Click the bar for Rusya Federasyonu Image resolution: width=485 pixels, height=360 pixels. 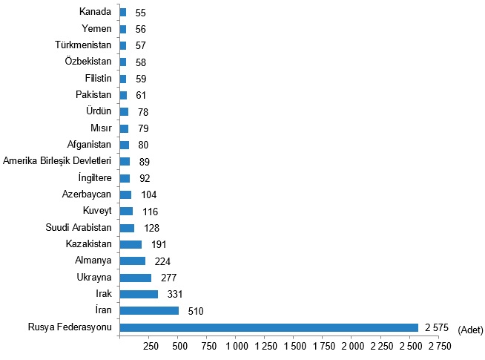pyautogui.click(x=268, y=327)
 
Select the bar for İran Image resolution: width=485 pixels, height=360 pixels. pyautogui.click(x=149, y=310)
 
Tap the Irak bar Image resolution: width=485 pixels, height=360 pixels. pyautogui.click(x=139, y=294)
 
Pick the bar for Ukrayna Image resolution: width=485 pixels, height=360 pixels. pyautogui.click(x=136, y=278)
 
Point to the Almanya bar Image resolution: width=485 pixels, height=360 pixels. pyautogui.click(x=133, y=261)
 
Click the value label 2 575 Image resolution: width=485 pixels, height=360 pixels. pyautogui.click(x=438, y=327)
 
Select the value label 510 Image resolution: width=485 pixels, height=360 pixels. pyautogui.click(x=196, y=311)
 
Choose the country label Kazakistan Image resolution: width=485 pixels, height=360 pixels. pyautogui.click(x=89, y=243)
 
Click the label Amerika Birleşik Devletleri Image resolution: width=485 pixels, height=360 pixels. pyautogui.click(x=57, y=161)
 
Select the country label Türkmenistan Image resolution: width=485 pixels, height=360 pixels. pyautogui.click(x=83, y=45)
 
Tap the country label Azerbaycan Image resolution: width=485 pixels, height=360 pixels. pyautogui.click(x=87, y=194)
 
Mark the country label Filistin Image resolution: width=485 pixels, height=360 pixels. pyautogui.click(x=98, y=78)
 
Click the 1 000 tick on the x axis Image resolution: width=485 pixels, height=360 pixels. pyautogui.click(x=237, y=347)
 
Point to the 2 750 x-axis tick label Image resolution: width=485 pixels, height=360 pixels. pyautogui.click(x=439, y=347)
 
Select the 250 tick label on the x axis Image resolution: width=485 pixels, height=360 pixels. pyautogui.click(x=149, y=347)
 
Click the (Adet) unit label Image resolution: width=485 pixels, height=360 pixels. pyautogui.click(x=470, y=329)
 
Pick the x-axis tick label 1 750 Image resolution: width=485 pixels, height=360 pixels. pyautogui.click(x=323, y=347)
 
